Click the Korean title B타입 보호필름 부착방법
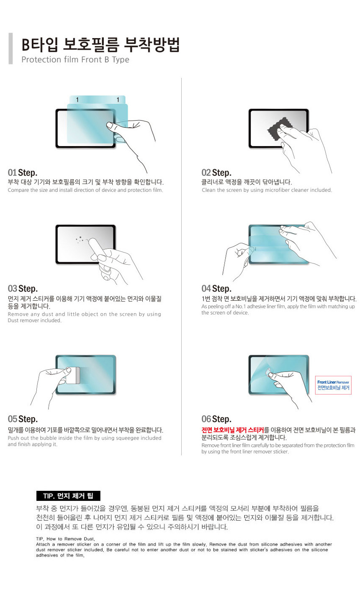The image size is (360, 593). [x=100, y=44]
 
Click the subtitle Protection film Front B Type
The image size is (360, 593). [x=75, y=59]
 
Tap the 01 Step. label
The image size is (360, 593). [x=23, y=173]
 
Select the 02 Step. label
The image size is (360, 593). [x=216, y=173]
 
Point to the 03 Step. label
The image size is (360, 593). [x=23, y=289]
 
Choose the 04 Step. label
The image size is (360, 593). [x=216, y=289]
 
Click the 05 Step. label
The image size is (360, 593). [x=23, y=419]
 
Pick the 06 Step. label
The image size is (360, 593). [x=216, y=419]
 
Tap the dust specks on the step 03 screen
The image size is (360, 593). [x=80, y=240]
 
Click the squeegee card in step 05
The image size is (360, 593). [x=73, y=375]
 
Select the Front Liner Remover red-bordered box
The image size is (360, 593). [x=333, y=385]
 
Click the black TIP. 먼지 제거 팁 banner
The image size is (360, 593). [x=68, y=496]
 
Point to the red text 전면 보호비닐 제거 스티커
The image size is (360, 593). [x=232, y=430]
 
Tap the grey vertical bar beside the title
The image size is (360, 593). [x=10, y=49]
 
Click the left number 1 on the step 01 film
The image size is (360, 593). [x=77, y=100]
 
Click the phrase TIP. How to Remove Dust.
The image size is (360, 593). [x=65, y=539]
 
